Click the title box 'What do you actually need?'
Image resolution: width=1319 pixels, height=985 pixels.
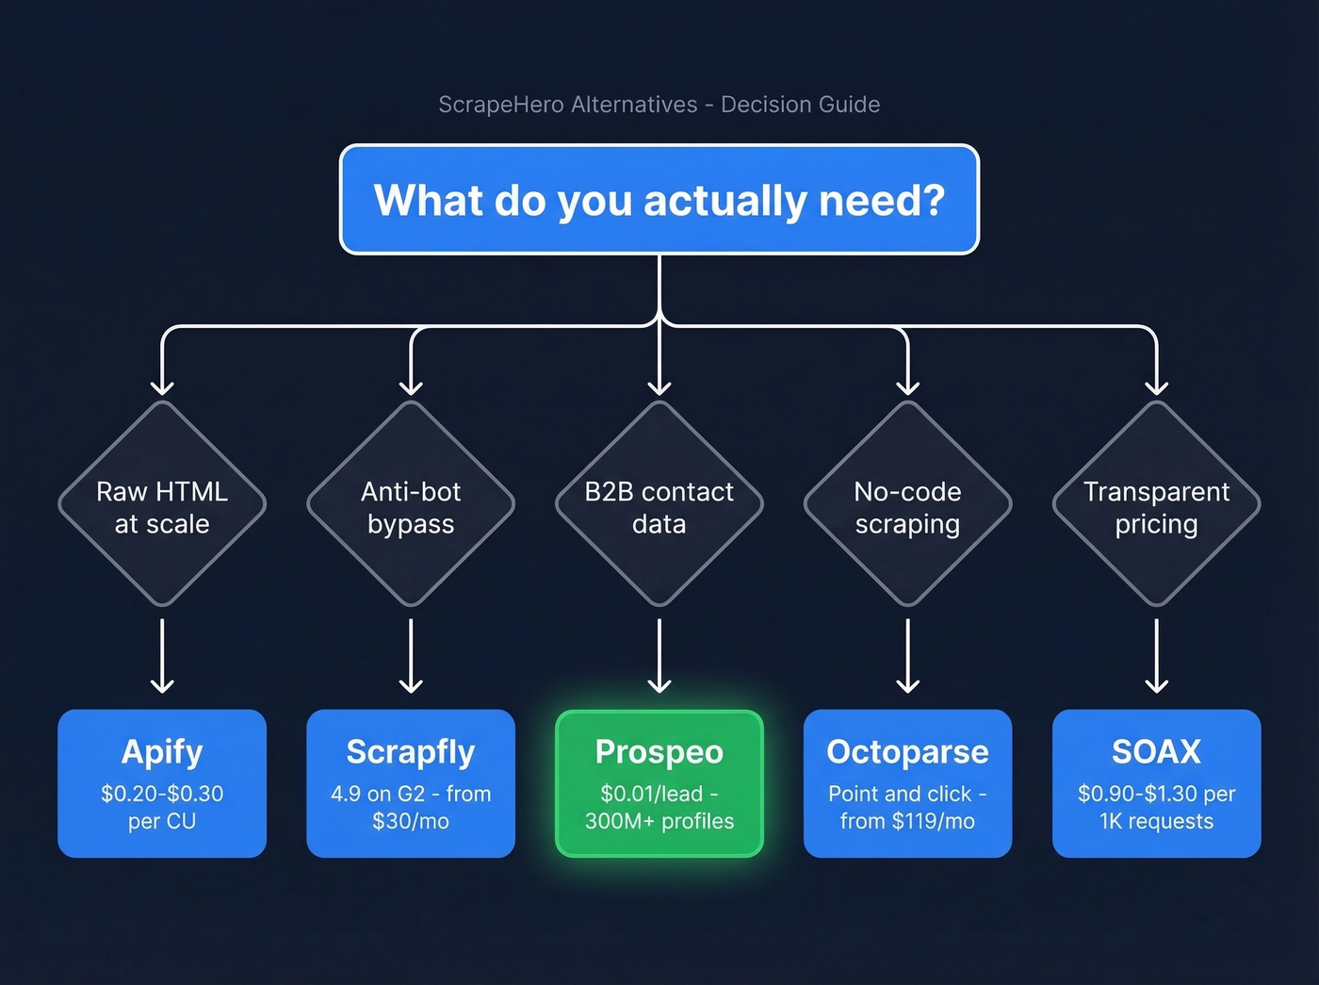coord(659,200)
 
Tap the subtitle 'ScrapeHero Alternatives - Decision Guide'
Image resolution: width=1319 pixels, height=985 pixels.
coord(659,105)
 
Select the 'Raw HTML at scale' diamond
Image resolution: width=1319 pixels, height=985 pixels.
coord(162,506)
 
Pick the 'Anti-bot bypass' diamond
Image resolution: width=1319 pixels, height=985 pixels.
coord(411,506)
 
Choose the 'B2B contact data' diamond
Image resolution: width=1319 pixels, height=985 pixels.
coord(659,506)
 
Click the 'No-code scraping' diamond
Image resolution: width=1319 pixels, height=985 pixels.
coord(907,506)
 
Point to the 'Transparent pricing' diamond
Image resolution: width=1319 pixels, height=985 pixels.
coord(1156,506)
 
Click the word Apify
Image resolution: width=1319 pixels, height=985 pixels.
coord(162,752)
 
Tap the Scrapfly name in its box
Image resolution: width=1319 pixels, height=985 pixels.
coord(411,752)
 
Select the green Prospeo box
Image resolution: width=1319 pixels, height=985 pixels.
coord(659,783)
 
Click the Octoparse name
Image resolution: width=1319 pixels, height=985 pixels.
coord(907,752)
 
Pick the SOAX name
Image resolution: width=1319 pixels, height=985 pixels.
coord(1156,752)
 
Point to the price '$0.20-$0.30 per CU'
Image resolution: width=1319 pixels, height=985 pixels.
coord(162,807)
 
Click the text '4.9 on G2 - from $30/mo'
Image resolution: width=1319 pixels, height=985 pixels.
coord(411,807)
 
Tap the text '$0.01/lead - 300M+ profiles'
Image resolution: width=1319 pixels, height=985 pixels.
coord(659,807)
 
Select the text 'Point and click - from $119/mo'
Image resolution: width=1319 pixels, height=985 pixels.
coord(907,807)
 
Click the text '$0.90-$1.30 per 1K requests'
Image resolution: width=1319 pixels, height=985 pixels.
coord(1156,807)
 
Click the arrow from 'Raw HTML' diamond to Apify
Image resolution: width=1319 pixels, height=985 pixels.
coord(162,656)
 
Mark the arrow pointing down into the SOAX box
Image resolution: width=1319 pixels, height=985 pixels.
coord(1156,656)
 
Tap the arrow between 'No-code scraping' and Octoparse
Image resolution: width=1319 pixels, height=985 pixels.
coord(907,656)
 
